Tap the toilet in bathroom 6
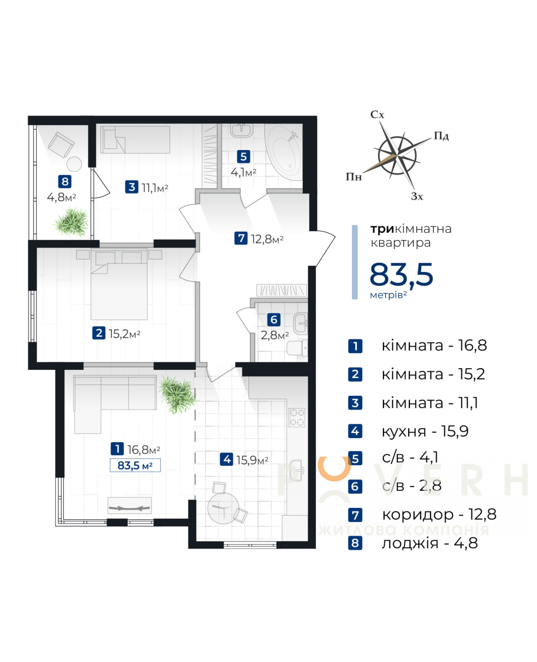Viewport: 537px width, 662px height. pyautogui.click(x=296, y=348)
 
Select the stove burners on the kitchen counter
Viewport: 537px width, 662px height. pyautogui.click(x=296, y=417)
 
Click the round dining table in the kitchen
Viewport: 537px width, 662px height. pyautogui.click(x=223, y=508)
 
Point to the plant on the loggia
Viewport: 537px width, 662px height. pyautogui.click(x=71, y=222)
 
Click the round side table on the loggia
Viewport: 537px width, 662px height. pyautogui.click(x=74, y=164)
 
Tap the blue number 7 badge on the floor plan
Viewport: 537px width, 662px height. pyautogui.click(x=241, y=238)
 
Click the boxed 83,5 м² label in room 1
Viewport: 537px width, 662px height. pyautogui.click(x=135, y=465)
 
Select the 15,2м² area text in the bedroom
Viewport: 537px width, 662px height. pyautogui.click(x=124, y=334)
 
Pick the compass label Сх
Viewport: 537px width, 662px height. pyautogui.click(x=377, y=115)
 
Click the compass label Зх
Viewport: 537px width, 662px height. pyautogui.click(x=416, y=197)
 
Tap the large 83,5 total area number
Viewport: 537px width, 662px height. pyautogui.click(x=401, y=274)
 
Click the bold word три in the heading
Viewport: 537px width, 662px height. pyautogui.click(x=382, y=229)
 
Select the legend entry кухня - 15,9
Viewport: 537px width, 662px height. pyautogui.click(x=425, y=431)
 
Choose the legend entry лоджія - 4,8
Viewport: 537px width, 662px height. pyautogui.click(x=430, y=543)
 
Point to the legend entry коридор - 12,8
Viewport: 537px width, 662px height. pyautogui.click(x=439, y=515)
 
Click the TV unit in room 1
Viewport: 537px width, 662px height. pyautogui.click(x=129, y=506)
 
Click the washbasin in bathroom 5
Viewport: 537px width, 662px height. pyautogui.click(x=242, y=130)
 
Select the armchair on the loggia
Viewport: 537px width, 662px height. pyautogui.click(x=61, y=144)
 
